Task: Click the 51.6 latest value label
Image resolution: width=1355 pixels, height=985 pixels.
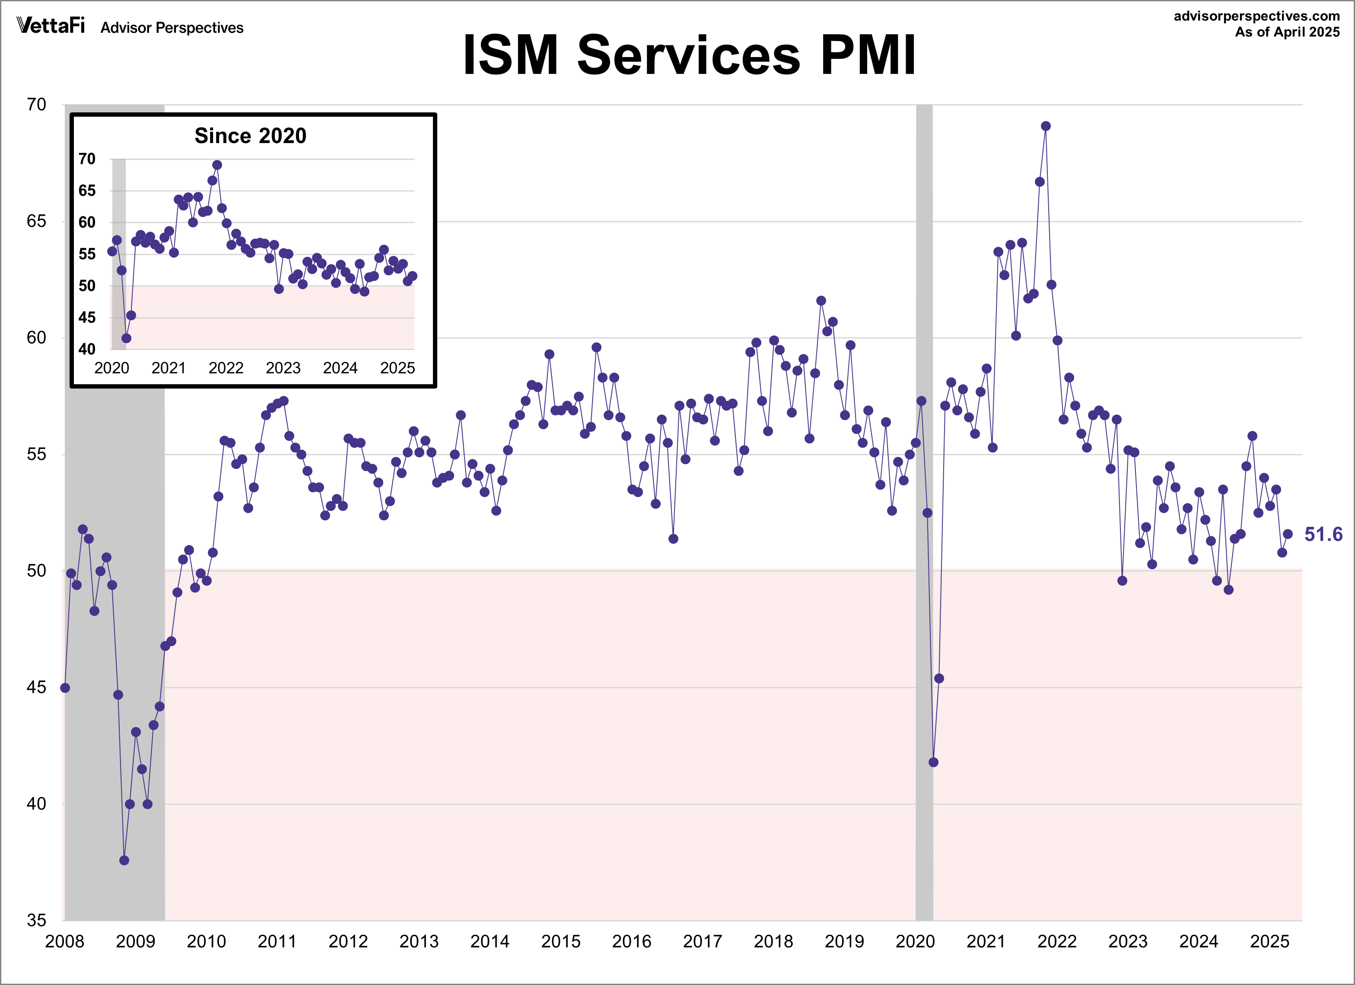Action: (x=1323, y=534)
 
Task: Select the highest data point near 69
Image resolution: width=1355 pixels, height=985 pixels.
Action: (x=1046, y=126)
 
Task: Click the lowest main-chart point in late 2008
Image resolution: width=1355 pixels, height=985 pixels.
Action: (x=124, y=860)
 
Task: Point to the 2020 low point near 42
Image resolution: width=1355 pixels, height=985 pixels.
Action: (x=933, y=762)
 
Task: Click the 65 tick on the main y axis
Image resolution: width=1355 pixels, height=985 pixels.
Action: (x=36, y=221)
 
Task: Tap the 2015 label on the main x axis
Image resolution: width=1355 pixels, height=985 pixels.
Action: (x=560, y=941)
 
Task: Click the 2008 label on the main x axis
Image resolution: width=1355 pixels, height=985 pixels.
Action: (x=64, y=941)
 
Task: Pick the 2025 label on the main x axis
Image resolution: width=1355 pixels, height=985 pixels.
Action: (x=1269, y=941)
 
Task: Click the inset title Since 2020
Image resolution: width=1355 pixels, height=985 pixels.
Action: (x=250, y=136)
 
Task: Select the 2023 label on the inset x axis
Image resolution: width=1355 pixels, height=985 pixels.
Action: (x=283, y=368)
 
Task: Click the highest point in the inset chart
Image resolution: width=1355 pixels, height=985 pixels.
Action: (x=217, y=165)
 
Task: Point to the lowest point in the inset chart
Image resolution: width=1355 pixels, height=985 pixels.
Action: (x=126, y=338)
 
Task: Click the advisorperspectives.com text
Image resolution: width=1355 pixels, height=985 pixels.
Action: (x=1256, y=16)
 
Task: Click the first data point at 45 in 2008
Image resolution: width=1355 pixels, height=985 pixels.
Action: (x=65, y=688)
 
